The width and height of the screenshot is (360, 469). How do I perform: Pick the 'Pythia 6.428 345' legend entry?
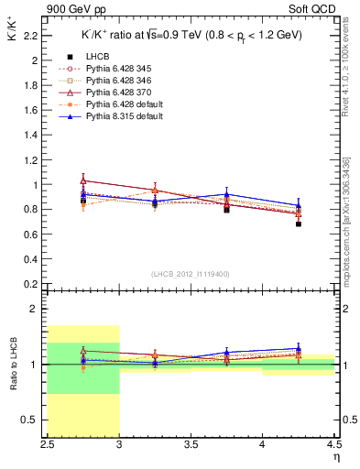click(110, 70)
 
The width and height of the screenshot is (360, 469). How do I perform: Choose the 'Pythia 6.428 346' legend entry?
click(110, 82)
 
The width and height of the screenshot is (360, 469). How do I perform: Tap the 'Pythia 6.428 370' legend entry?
click(110, 93)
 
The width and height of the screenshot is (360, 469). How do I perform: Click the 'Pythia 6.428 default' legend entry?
click(115, 105)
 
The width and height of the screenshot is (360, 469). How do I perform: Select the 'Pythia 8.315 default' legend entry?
click(115, 117)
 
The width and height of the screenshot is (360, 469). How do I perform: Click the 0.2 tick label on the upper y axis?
click(33, 283)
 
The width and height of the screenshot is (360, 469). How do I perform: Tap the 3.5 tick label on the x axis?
click(191, 444)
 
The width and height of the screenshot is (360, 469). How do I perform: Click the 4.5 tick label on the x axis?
click(333, 444)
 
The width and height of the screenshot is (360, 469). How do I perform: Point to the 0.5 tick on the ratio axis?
click(33, 420)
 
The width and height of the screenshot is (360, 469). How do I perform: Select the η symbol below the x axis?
click(335, 457)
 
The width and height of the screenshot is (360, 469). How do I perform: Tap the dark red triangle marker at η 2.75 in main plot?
click(83, 180)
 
